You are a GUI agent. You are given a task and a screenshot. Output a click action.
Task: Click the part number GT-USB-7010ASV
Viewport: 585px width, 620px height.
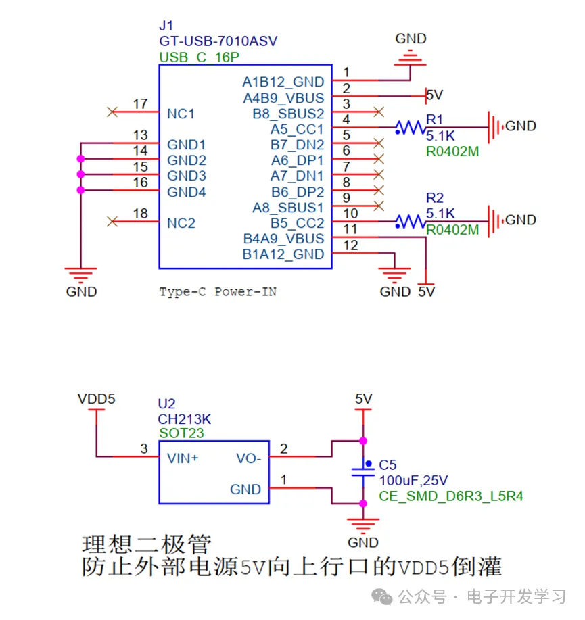[218, 41]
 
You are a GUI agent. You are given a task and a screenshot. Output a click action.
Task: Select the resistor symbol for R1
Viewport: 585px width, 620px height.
[409, 126]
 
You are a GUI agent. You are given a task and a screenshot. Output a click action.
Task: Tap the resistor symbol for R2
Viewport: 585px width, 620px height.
[409, 221]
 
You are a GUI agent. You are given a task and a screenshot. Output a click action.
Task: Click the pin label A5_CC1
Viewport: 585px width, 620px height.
[297, 129]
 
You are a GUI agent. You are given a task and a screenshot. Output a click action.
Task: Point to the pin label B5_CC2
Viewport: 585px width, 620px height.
[297, 223]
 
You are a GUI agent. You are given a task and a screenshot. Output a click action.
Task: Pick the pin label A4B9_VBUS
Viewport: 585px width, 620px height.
[283, 98]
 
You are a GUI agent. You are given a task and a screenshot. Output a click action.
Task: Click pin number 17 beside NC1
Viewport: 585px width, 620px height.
[140, 104]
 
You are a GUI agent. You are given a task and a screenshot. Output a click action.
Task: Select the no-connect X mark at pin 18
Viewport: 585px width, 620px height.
[113, 221]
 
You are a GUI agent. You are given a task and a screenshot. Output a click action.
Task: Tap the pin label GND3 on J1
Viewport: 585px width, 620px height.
[187, 176]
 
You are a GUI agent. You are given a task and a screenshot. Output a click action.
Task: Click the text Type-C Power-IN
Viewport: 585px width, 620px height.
[218, 292]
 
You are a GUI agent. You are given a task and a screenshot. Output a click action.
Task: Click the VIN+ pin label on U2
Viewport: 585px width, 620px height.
[183, 458]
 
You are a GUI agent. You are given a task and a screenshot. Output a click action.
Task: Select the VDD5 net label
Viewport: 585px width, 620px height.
[97, 399]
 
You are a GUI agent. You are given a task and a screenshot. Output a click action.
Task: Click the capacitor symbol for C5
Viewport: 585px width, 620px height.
[364, 471]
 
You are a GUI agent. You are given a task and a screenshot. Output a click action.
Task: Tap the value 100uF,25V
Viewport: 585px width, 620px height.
[413, 481]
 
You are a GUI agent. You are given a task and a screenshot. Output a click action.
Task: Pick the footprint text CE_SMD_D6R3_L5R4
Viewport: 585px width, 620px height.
[450, 496]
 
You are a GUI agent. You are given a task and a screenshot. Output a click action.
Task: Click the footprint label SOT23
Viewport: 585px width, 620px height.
[181, 433]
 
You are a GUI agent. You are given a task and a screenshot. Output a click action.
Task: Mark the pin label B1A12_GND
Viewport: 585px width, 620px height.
[283, 255]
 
